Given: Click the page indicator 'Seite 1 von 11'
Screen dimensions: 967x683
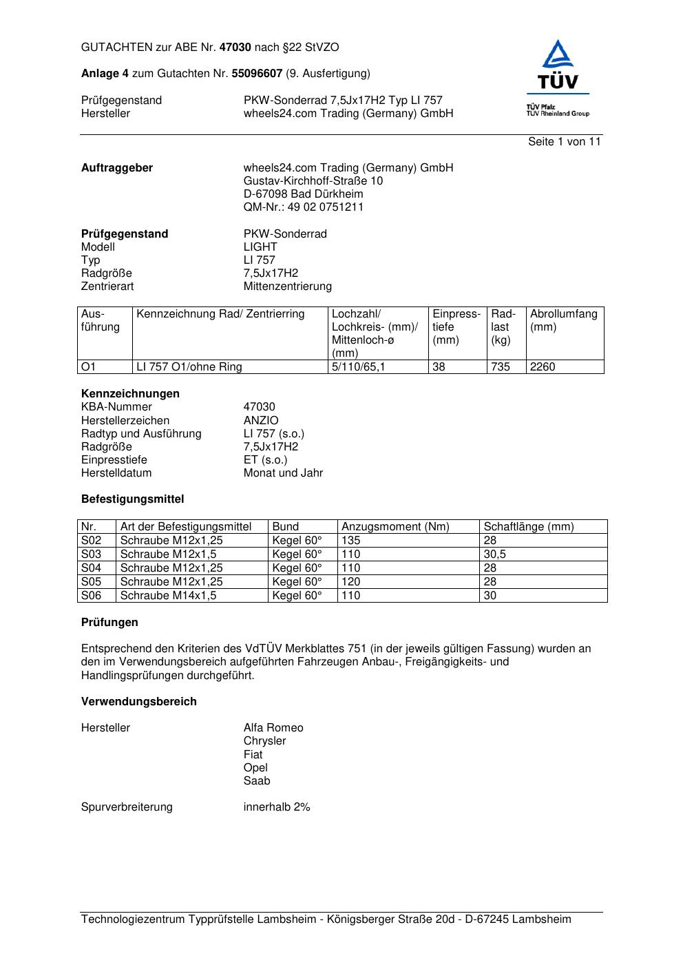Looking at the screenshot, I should [x=564, y=142].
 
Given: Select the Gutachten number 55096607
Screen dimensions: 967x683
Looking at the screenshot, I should [x=257, y=74].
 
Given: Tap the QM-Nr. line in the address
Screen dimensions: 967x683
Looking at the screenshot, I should [x=303, y=207].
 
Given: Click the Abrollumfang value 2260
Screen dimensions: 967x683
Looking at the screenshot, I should [x=543, y=367].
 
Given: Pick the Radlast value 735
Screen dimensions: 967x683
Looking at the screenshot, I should [x=501, y=367].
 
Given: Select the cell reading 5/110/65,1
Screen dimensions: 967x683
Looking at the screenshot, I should [x=358, y=367].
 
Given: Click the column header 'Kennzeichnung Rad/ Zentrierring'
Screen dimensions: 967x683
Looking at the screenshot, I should [x=220, y=314].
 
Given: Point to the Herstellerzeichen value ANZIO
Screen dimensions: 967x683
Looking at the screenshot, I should [x=261, y=421].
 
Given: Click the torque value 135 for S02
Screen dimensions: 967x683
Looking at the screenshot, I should [x=350, y=541].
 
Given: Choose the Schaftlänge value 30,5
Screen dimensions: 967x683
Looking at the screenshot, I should [x=494, y=554].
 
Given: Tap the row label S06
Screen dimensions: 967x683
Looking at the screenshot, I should [x=91, y=596].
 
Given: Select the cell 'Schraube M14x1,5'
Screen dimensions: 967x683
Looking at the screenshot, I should [x=168, y=596].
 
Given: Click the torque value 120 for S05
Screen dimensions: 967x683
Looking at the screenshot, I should [x=350, y=582].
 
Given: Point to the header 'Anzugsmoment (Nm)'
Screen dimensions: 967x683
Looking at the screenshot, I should [x=395, y=527].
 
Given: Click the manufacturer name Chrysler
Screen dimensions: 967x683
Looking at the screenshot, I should [x=264, y=741].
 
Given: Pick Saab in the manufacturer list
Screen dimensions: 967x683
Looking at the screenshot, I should [x=257, y=781].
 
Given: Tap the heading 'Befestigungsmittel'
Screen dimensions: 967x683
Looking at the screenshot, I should [x=132, y=499].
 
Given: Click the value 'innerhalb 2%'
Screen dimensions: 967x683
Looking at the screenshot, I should [x=277, y=807].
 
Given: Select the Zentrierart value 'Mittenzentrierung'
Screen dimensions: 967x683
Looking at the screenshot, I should [x=287, y=287].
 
